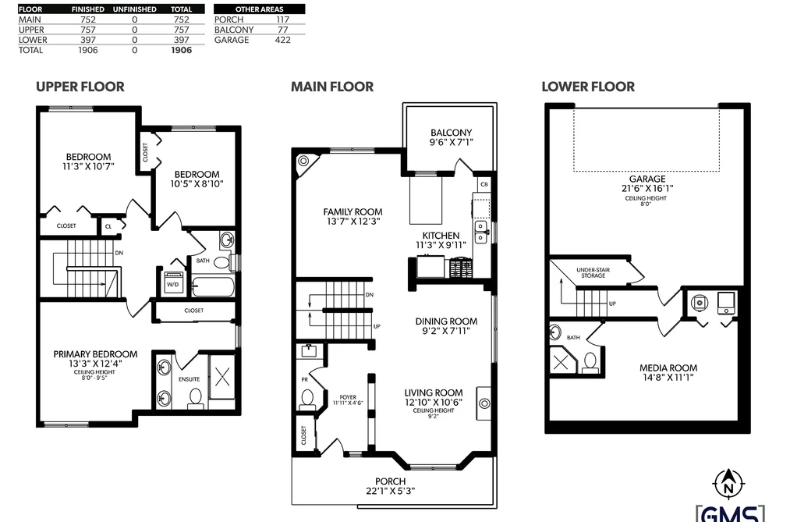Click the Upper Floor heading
pos(80,87)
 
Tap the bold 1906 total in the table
pos(182,50)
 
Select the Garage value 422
pos(282,40)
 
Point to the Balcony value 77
pos(282,30)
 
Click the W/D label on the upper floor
pos(173,284)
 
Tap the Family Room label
pos(352,212)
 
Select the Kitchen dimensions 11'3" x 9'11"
pos(441,245)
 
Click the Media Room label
pos(668,368)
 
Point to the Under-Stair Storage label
pos(593,272)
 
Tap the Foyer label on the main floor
pos(348,397)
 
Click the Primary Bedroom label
pos(95,354)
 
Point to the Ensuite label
pos(189,379)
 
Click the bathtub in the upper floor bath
pos(214,287)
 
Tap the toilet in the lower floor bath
pos(590,363)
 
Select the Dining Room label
pos(446,321)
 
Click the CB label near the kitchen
pos(484,184)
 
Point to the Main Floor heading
pos(332,87)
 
